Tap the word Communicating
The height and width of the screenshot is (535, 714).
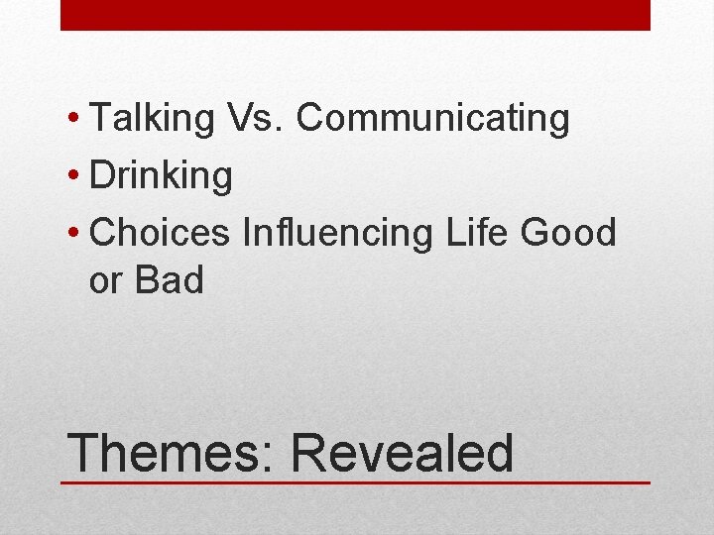point(433,118)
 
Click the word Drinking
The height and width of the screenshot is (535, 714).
point(161,176)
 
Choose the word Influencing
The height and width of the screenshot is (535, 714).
point(337,234)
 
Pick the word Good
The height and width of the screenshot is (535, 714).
point(568,234)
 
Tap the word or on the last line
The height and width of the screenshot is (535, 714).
point(105,281)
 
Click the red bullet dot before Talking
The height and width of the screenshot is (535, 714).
point(75,120)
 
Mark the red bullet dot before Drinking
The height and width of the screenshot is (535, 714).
point(75,178)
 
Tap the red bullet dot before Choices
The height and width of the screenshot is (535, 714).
point(75,236)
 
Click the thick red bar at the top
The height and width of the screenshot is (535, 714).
point(355,15)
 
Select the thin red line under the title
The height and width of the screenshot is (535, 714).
point(355,483)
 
